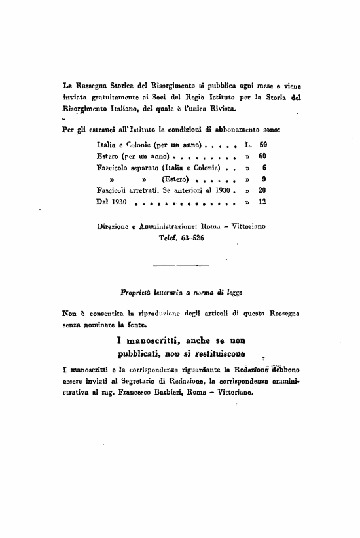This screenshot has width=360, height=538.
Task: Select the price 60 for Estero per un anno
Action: tap(262, 157)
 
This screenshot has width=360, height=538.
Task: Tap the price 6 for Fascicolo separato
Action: tap(263, 168)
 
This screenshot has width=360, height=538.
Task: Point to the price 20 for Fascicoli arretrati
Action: tap(262, 190)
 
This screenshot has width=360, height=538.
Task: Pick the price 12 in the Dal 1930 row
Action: tap(262, 202)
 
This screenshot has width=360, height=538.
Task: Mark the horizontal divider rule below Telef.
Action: tap(179, 265)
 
